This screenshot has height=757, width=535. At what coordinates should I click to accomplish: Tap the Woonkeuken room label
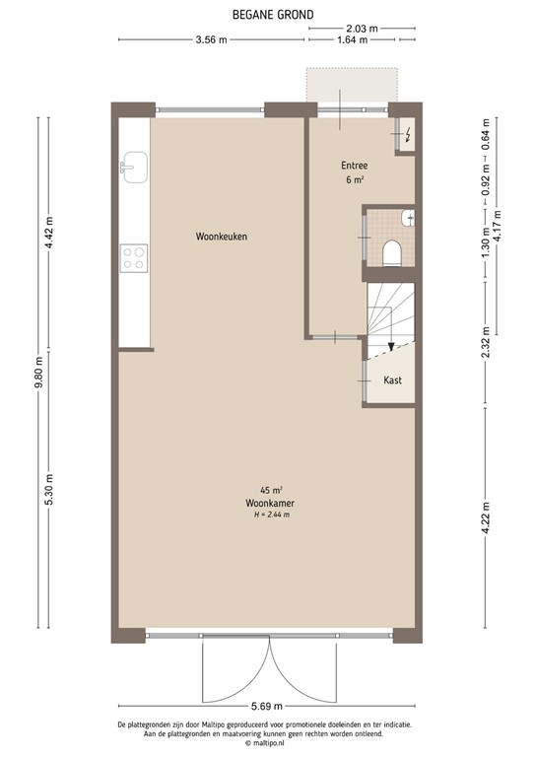coord(221,237)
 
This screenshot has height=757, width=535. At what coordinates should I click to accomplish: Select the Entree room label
coord(355,166)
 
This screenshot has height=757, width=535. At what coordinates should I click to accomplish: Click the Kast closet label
coord(392,379)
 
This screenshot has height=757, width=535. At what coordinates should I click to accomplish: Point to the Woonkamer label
coord(271,502)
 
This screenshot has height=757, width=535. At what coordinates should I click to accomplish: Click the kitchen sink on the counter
coord(134,166)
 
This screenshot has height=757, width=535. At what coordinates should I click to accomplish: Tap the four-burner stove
coord(134,258)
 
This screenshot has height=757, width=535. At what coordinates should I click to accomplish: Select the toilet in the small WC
coord(391,253)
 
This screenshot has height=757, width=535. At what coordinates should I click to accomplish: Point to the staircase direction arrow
coord(392,346)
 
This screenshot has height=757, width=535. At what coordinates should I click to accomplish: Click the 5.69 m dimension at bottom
coord(267,707)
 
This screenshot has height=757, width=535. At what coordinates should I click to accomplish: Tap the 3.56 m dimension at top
coord(211,40)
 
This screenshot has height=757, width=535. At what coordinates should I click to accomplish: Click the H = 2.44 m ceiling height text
coord(271,514)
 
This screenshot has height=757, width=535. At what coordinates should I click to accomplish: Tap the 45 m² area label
coord(271,490)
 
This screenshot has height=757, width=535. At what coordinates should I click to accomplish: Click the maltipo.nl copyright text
coord(267,745)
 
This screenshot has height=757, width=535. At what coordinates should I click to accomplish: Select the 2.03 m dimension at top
coord(362,29)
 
